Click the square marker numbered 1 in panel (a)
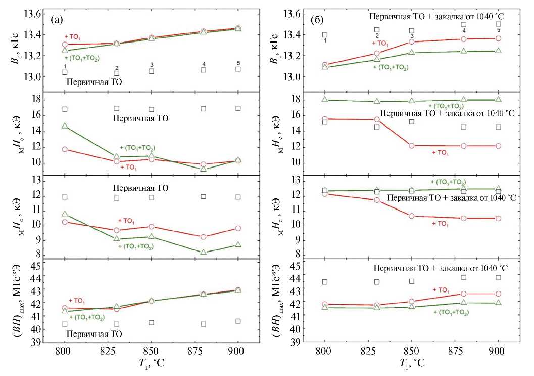[65, 72]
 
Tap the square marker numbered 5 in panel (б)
[498, 24]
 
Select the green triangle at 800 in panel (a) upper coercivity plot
[65, 126]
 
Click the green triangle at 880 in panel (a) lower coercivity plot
[204, 252]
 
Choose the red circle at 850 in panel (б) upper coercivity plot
[412, 146]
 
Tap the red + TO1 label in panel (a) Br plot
[73, 37]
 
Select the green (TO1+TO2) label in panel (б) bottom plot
[451, 312]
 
